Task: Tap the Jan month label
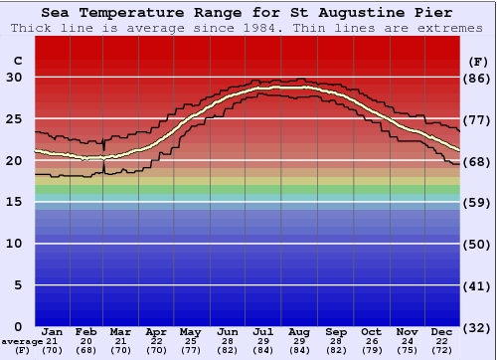[53, 331]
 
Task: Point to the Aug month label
[300, 331]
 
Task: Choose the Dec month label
[442, 331]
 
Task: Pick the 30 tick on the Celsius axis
[14, 78]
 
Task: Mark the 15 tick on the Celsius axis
[14, 202]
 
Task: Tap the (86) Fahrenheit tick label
[478, 78]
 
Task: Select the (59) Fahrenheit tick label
[478, 202]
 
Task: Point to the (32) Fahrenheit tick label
[478, 326]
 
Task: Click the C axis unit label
[18, 61]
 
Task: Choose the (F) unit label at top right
[478, 61]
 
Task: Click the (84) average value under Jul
[263, 350]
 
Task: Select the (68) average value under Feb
[87, 350]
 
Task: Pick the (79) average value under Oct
[371, 350]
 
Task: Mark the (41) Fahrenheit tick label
[478, 285]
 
